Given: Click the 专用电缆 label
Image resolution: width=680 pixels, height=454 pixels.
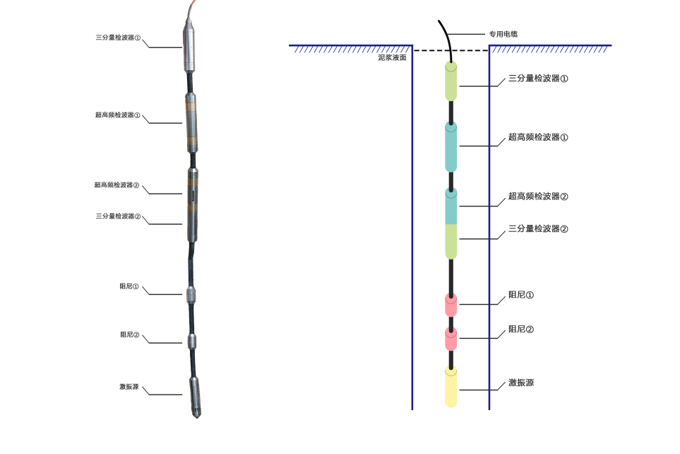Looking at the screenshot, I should point(503,34).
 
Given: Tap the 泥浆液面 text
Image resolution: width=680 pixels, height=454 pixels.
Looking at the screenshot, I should point(392,57).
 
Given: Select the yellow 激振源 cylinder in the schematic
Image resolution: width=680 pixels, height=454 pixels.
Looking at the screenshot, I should point(451,387).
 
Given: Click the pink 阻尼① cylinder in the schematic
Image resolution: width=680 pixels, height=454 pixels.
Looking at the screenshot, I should point(451,305).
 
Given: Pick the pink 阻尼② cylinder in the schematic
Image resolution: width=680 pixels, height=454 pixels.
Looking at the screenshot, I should point(451,339).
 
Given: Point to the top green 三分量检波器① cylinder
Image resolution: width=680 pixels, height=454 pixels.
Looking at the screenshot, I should point(451,81).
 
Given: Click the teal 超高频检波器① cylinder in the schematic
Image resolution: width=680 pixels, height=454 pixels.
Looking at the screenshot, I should point(451,146).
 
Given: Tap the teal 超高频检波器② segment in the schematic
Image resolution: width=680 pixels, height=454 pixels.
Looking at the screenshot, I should point(451,206).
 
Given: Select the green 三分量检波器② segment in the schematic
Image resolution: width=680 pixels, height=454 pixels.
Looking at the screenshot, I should point(451,240).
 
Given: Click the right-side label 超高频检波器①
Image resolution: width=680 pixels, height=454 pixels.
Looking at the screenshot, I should point(538,137).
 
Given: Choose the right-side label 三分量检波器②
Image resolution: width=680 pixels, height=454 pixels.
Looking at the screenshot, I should point(538,229).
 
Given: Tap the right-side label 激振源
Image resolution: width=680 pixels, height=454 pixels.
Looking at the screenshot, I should point(521,383).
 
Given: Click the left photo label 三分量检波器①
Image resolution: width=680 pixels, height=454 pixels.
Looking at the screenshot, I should point(118,38).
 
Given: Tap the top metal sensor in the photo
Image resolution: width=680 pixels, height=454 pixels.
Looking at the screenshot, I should point(191,47).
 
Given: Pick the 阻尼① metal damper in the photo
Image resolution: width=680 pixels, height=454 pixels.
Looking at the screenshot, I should point(192,294).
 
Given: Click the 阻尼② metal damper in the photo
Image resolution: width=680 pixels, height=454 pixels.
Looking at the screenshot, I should point(192,341).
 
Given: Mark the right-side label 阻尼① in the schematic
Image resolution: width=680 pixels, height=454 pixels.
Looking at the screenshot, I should point(521,295).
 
